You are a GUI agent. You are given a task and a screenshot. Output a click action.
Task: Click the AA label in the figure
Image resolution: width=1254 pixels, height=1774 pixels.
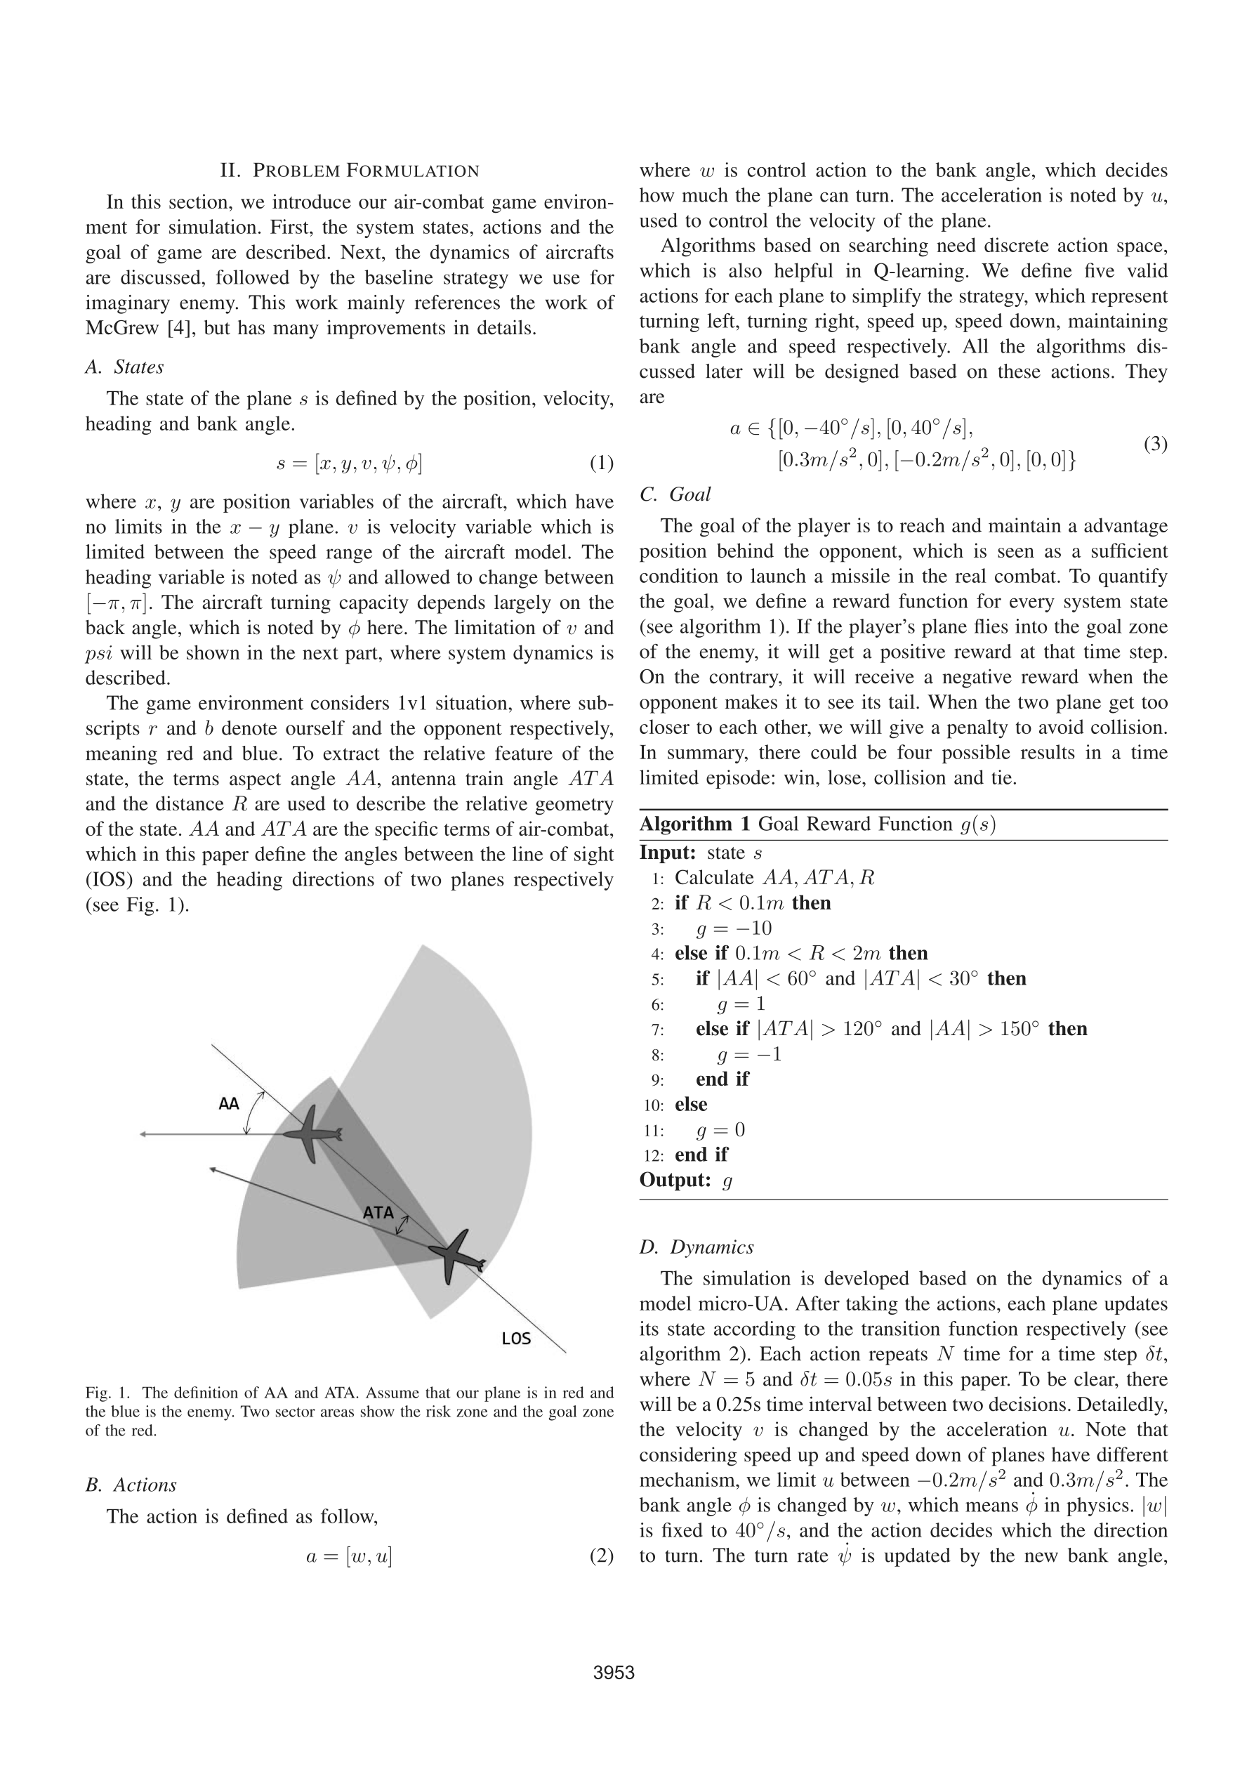(x=229, y=1104)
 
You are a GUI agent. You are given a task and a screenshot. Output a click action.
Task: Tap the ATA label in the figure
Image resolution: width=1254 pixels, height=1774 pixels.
(x=378, y=1212)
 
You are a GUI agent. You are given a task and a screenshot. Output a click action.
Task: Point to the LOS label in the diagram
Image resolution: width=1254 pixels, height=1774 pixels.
(x=516, y=1339)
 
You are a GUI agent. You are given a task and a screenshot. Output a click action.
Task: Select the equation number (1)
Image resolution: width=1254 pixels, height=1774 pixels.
(x=601, y=463)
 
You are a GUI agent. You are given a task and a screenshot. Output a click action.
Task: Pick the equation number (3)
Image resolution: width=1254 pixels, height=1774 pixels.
(x=1155, y=445)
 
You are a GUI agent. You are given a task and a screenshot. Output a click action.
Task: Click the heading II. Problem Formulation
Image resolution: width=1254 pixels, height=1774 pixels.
(x=349, y=171)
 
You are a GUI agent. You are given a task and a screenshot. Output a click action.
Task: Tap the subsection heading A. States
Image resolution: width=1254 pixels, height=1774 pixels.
(x=124, y=367)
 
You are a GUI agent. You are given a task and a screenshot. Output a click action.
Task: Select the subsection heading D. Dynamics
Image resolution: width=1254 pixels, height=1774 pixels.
(x=696, y=1247)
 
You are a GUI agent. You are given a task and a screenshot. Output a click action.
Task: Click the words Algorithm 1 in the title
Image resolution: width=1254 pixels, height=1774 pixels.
(x=694, y=824)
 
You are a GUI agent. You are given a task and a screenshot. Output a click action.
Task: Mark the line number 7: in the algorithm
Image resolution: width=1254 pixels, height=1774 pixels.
(x=657, y=1030)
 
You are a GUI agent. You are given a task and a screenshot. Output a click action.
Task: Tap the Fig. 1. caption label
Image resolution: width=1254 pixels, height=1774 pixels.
(x=108, y=1393)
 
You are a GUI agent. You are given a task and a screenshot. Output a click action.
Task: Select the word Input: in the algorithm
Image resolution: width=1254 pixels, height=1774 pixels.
(x=668, y=853)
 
